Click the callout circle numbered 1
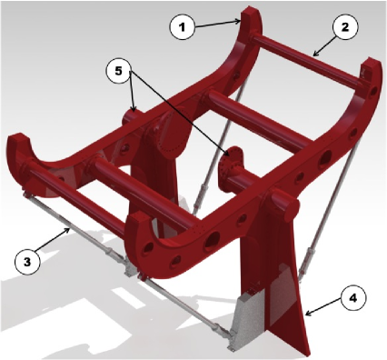pos(182,26)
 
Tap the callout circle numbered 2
pos(345,26)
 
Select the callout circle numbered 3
pos(27,262)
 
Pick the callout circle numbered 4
pos(353,298)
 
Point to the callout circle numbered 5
pos(118,71)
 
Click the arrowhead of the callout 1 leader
pos(238,21)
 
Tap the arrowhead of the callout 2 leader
pos(315,54)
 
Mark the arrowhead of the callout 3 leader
pos(69,230)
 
